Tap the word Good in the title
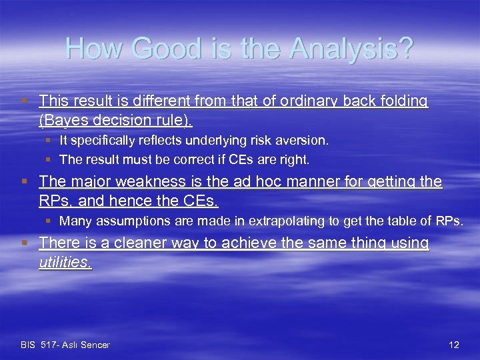coord(157,49)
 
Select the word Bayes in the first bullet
coord(66,120)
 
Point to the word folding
coord(403,101)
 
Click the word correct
coord(187,159)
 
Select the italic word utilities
coord(65,262)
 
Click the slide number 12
coord(454,345)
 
